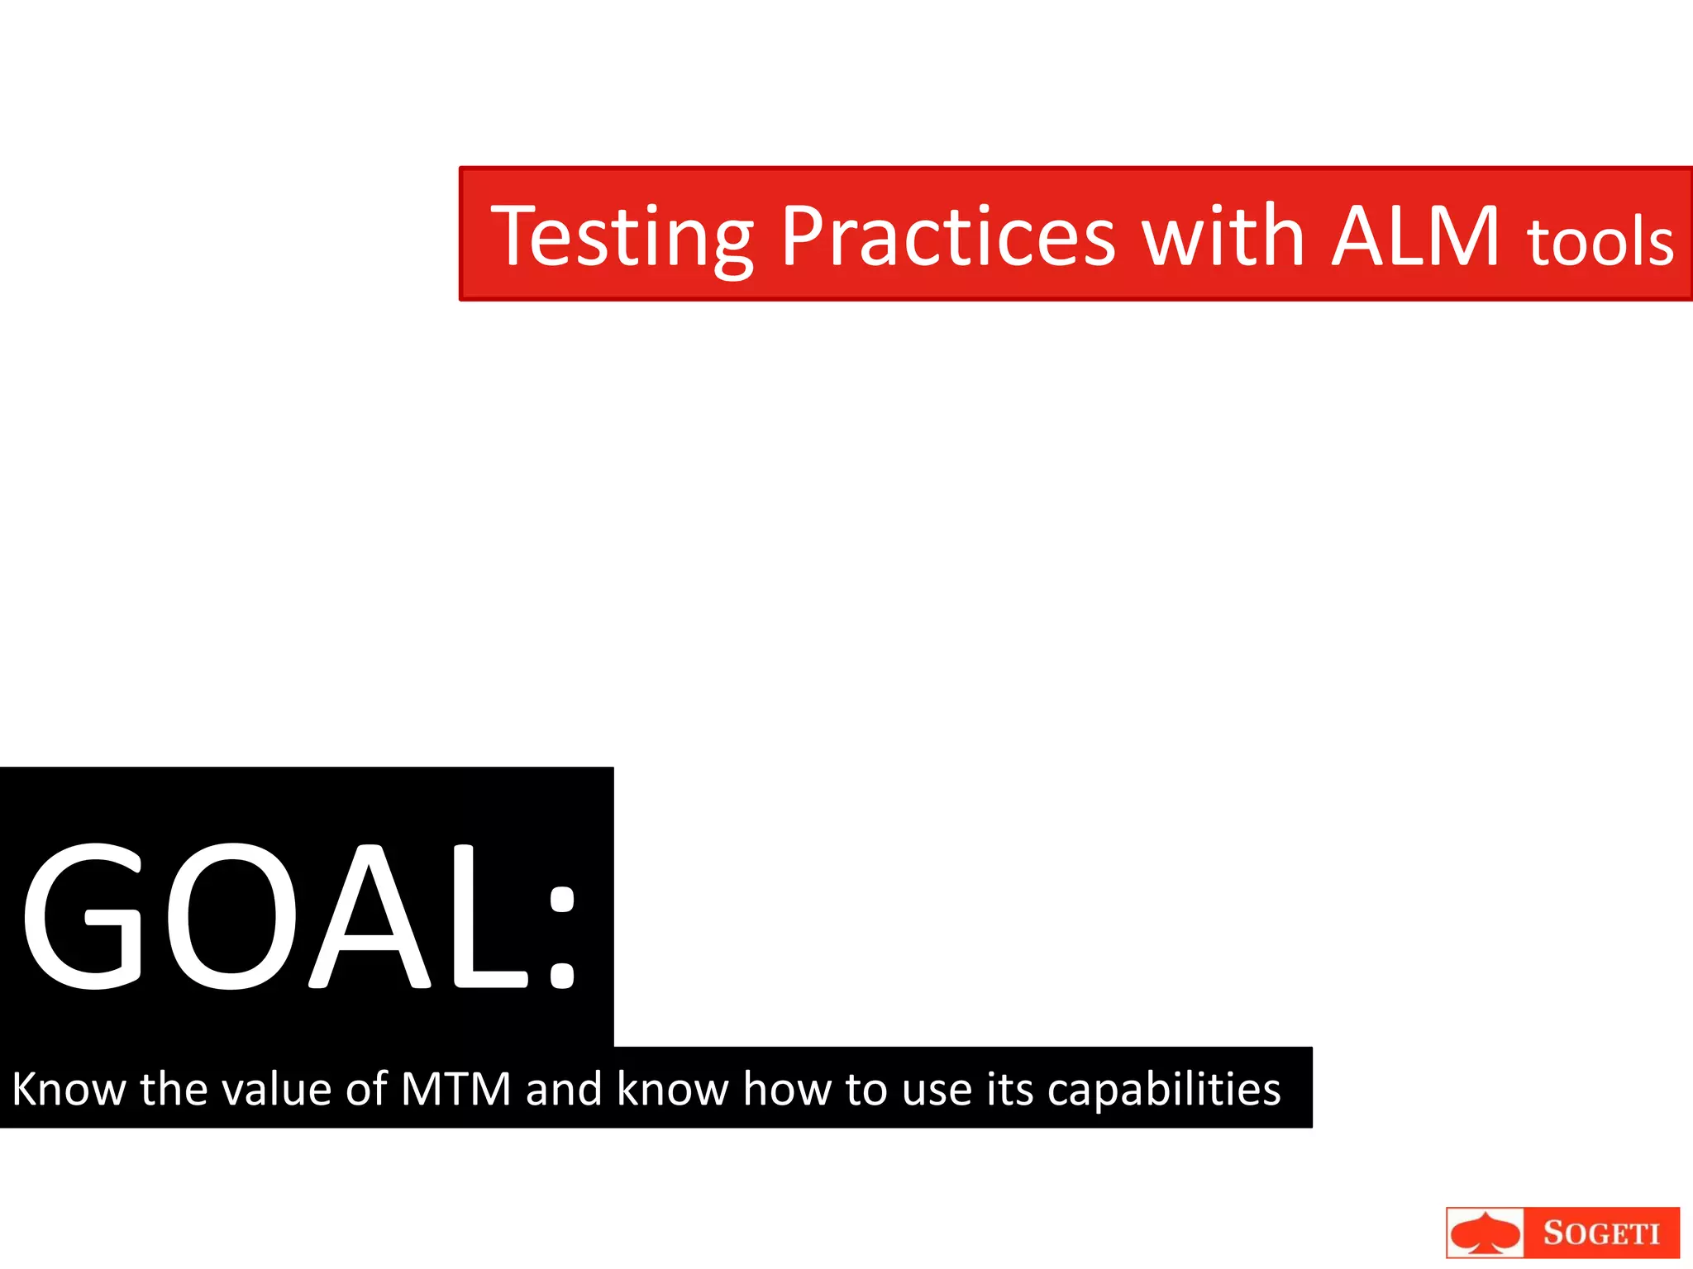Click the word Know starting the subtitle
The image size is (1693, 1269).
pos(69,1089)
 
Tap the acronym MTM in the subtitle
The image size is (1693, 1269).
pos(456,1089)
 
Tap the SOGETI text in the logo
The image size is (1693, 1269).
pos(1601,1233)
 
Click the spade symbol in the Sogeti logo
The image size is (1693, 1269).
pos(1486,1234)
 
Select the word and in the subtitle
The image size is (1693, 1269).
pos(564,1089)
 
